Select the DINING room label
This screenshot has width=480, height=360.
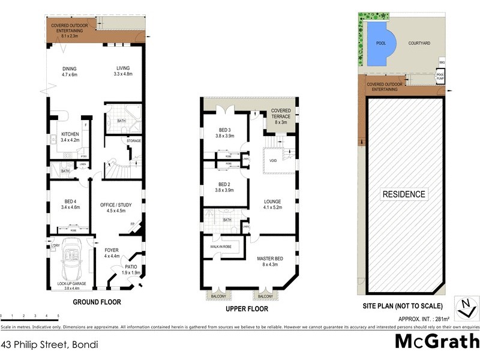coord(70,71)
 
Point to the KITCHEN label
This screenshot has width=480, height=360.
coord(71,137)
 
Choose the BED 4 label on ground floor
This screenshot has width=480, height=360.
coord(70,203)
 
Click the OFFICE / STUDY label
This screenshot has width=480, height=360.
coord(115,208)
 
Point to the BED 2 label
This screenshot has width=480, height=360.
coord(224,187)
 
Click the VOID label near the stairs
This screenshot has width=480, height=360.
coord(273,161)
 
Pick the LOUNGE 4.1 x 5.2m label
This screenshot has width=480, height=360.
coord(273,204)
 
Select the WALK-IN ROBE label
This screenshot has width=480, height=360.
coord(221,245)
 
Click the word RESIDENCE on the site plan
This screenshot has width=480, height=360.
coord(405,194)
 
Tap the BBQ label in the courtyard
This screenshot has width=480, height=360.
coord(442,62)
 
